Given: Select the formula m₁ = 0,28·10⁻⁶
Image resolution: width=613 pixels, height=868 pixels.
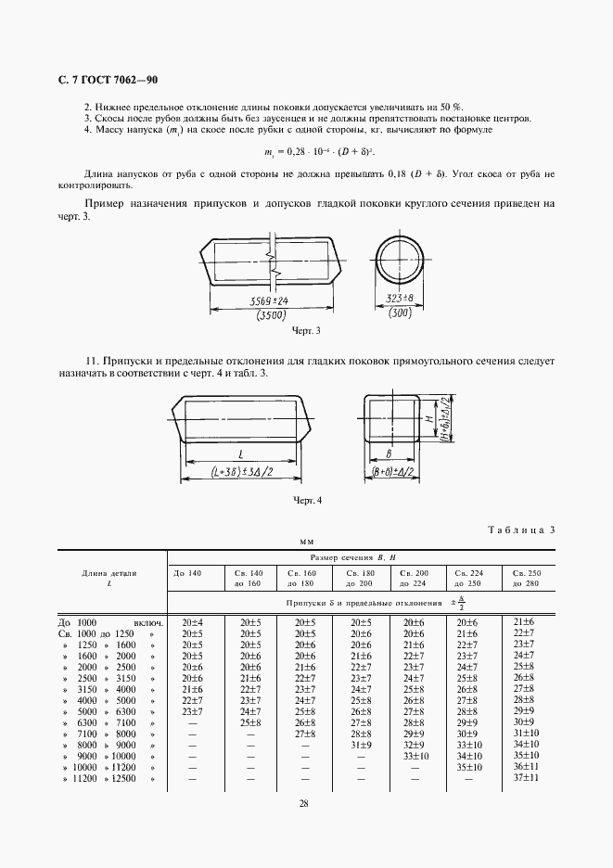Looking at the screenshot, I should (306, 149).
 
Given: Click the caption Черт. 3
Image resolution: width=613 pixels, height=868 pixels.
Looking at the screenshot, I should (306, 331).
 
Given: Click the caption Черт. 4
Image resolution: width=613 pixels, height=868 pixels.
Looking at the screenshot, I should (306, 502).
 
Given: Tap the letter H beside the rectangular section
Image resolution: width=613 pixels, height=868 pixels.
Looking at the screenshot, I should (428, 419).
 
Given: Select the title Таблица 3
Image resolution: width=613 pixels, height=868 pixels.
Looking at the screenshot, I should (520, 530).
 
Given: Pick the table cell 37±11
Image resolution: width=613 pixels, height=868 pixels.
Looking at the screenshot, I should (524, 780).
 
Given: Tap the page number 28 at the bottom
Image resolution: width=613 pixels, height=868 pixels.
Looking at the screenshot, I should (305, 803).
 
